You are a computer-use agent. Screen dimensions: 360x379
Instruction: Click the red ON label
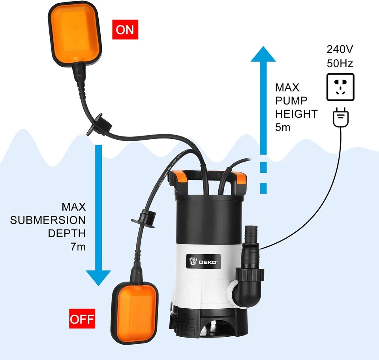coord(125,30)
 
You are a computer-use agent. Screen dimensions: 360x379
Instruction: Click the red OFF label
coord(82,318)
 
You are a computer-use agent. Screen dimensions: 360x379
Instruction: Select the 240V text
coord(340,49)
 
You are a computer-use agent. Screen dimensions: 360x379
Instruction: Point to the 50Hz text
coord(340,63)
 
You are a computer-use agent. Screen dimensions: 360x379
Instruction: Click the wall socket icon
coord(340,87)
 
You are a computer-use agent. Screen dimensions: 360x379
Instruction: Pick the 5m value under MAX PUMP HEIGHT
coord(283,127)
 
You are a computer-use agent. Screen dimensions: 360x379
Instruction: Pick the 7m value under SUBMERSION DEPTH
coord(77,246)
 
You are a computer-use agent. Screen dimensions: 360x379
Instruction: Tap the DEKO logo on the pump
coord(202,261)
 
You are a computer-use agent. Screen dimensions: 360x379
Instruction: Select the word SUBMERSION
coord(48,220)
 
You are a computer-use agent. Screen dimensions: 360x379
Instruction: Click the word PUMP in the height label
coord(291,101)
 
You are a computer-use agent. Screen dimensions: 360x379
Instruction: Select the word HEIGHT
coord(296,114)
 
